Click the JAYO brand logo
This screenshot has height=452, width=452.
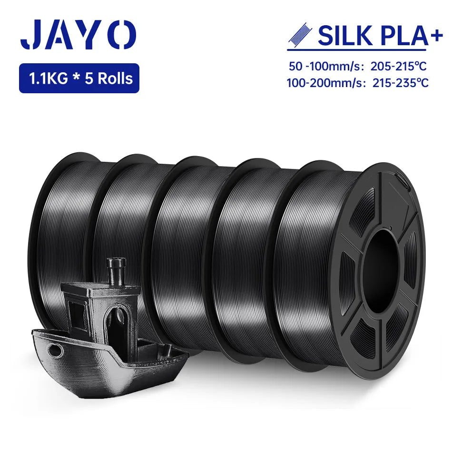[78, 35]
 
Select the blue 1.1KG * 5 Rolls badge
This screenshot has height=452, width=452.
[79, 78]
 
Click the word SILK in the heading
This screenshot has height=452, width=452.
[343, 36]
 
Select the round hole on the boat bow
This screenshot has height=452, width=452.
[57, 350]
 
